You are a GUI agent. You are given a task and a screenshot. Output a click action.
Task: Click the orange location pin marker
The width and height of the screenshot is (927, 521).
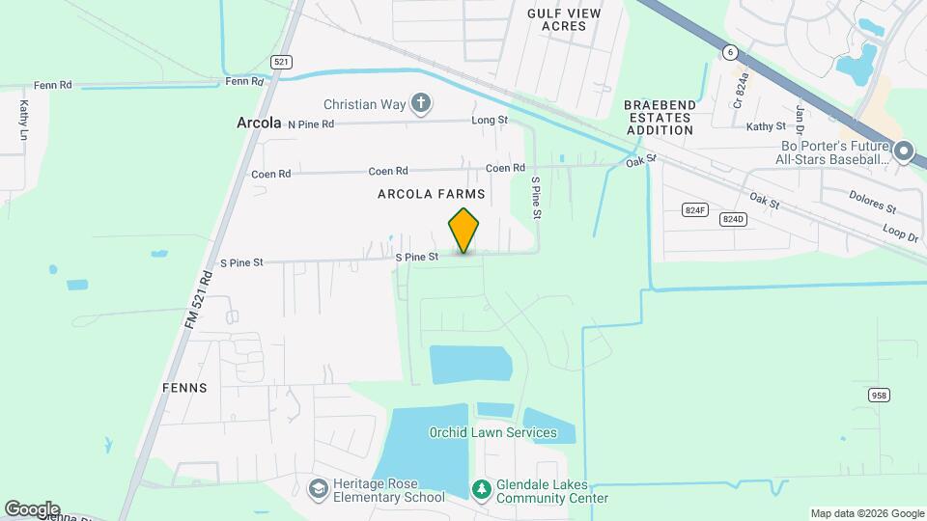click(x=464, y=231)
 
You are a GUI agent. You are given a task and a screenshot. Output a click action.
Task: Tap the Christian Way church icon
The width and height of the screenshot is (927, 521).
click(x=420, y=103)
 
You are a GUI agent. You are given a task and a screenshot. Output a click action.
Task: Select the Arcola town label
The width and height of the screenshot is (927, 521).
click(x=259, y=123)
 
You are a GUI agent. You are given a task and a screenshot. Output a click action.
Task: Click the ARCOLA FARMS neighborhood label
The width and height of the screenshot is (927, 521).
click(x=431, y=194)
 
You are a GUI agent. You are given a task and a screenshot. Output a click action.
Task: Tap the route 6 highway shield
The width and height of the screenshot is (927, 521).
click(x=731, y=50)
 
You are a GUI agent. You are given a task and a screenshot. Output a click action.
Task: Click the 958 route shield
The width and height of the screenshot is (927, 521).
click(x=879, y=395)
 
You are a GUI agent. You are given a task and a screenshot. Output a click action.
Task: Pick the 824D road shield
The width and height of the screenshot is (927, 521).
click(x=734, y=219)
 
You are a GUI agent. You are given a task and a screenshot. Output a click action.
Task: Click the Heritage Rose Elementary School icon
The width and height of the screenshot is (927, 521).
click(x=317, y=490)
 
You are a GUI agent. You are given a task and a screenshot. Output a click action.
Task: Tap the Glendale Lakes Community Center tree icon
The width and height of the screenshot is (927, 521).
click(x=481, y=490)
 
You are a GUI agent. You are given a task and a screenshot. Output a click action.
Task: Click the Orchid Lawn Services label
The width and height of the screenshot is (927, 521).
click(x=492, y=432)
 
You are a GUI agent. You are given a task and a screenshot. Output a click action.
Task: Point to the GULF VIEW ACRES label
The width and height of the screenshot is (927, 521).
click(x=564, y=19)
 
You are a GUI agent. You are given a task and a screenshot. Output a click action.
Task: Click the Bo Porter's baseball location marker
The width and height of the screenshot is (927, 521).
click(x=904, y=151)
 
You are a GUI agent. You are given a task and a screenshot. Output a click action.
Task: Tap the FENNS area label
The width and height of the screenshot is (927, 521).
click(x=185, y=388)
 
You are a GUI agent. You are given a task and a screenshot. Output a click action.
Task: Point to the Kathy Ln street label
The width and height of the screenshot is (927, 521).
click(x=23, y=122)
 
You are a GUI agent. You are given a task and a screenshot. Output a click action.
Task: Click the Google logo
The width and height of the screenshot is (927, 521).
click(x=32, y=508)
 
